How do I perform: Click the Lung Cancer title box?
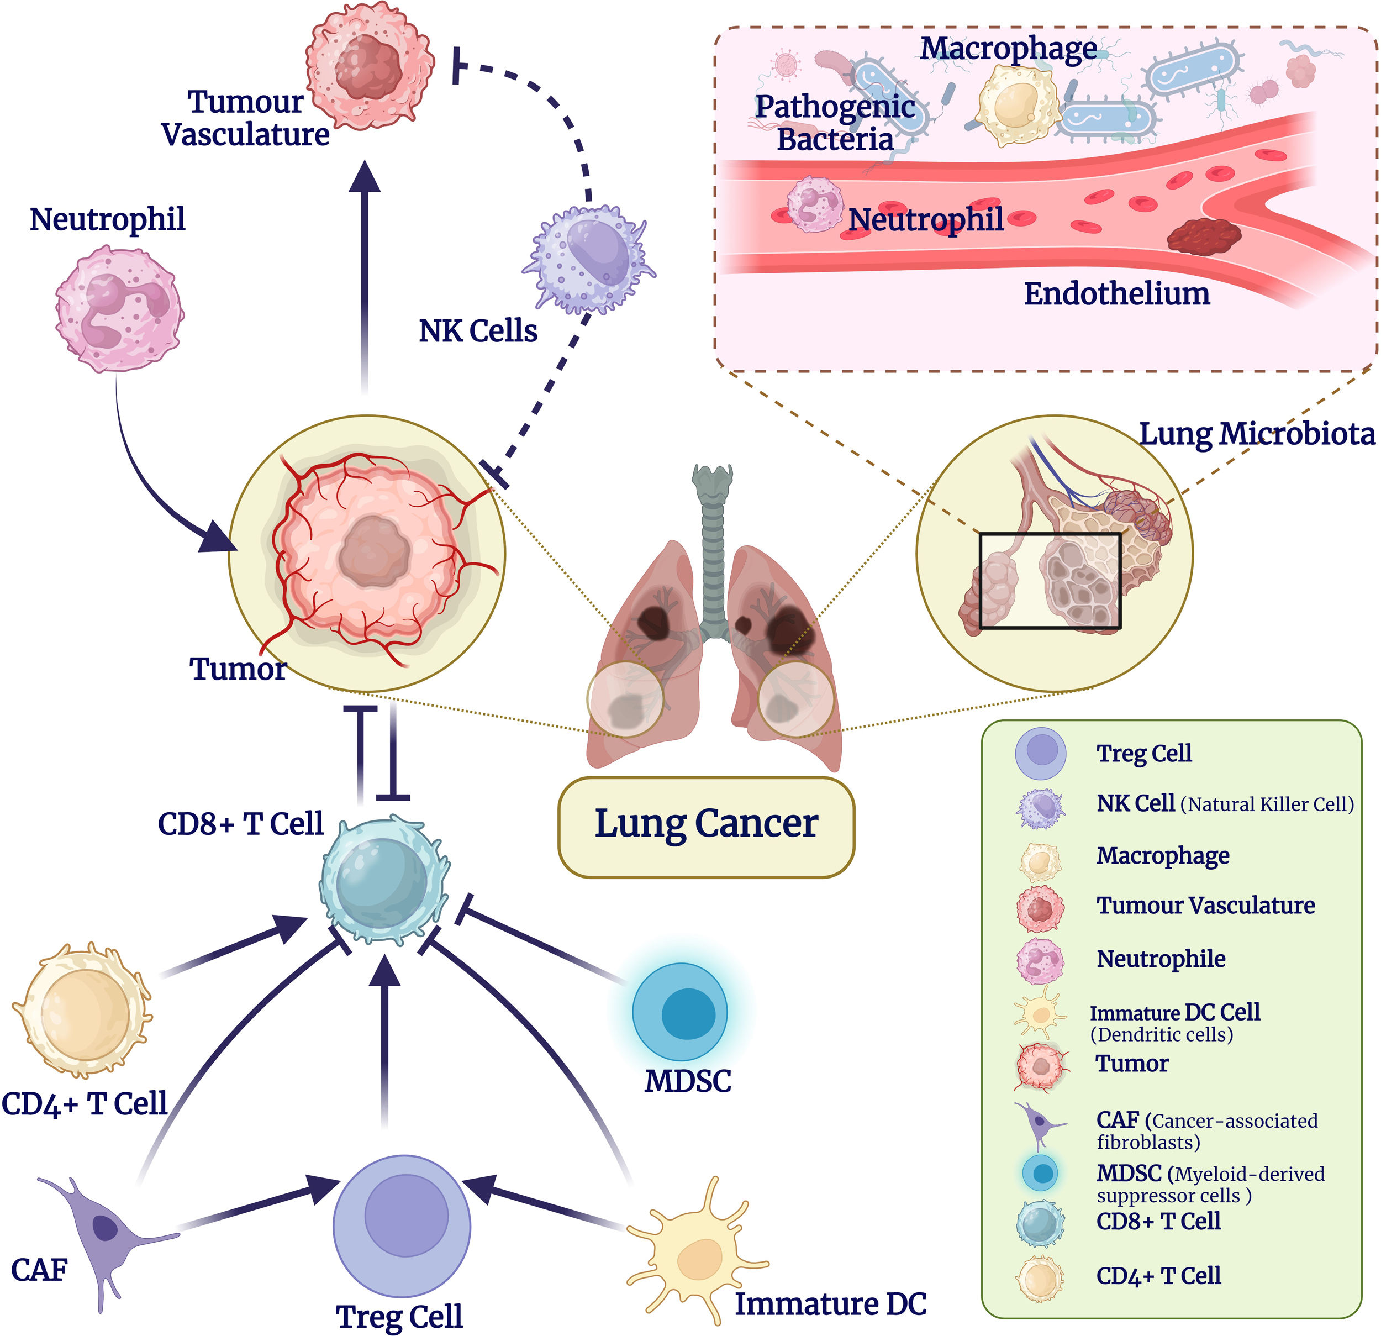pyautogui.click(x=706, y=827)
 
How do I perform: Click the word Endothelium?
pyautogui.click(x=1117, y=294)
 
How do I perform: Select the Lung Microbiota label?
pyautogui.click(x=1257, y=434)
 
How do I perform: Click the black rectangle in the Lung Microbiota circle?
pyautogui.click(x=1050, y=581)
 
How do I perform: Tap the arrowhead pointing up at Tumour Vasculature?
pyautogui.click(x=365, y=176)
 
